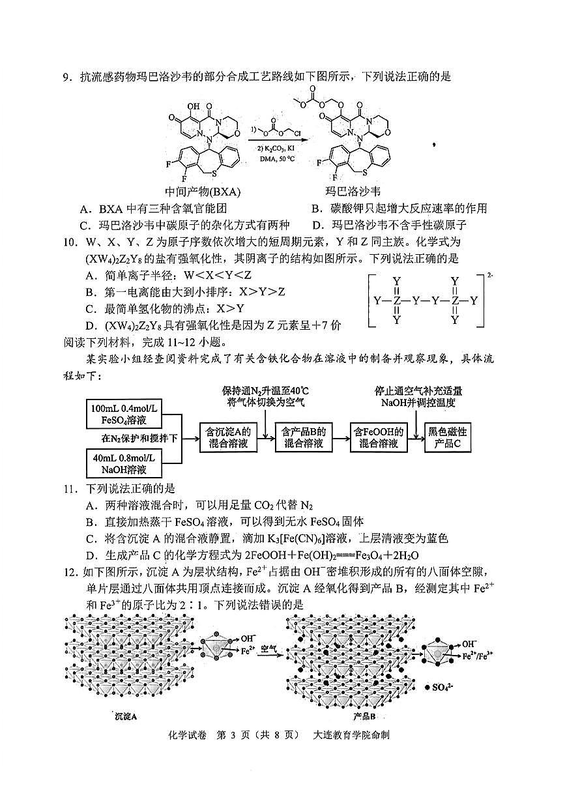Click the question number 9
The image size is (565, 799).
coord(66,77)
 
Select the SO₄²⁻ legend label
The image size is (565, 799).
coord(446,687)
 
